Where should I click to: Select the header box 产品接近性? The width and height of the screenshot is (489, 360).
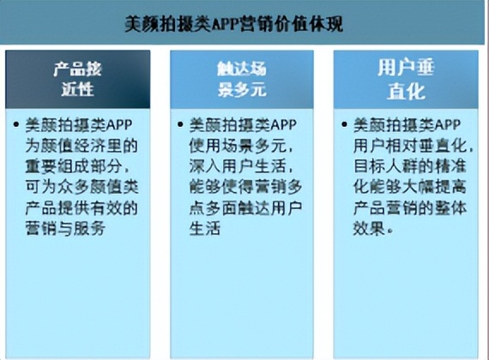coord(78,78)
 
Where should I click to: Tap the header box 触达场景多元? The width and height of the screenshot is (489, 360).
coord(239,78)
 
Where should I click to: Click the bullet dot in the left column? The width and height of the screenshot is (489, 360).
coord(19,123)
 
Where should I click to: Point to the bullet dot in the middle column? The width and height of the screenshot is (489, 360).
coord(181,123)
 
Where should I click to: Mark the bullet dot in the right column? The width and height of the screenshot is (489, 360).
coord(344,123)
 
